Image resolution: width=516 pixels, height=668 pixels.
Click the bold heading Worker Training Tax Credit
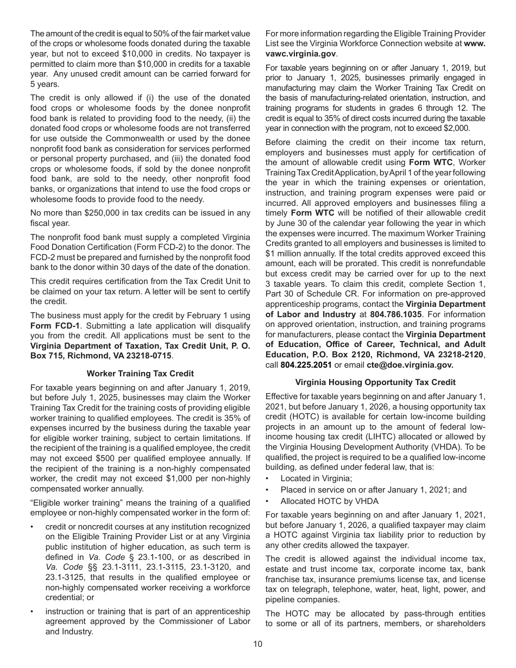point(140,374)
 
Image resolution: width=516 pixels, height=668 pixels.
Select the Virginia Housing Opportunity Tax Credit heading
point(375,382)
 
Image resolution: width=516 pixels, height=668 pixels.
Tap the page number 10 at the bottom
point(257,644)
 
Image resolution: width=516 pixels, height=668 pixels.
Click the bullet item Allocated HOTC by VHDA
point(329,501)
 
